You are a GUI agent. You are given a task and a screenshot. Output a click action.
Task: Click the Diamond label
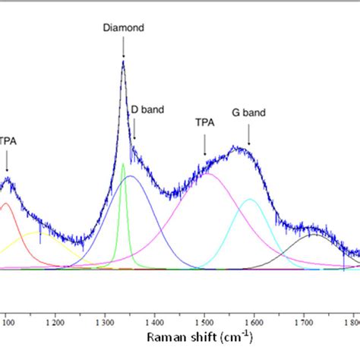123,28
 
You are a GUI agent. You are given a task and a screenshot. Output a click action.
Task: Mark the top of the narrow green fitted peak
123,163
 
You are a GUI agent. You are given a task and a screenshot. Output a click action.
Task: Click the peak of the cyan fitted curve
250,199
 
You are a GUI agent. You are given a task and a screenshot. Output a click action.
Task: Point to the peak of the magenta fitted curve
207,174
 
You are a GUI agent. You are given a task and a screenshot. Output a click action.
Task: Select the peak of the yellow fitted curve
38,233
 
